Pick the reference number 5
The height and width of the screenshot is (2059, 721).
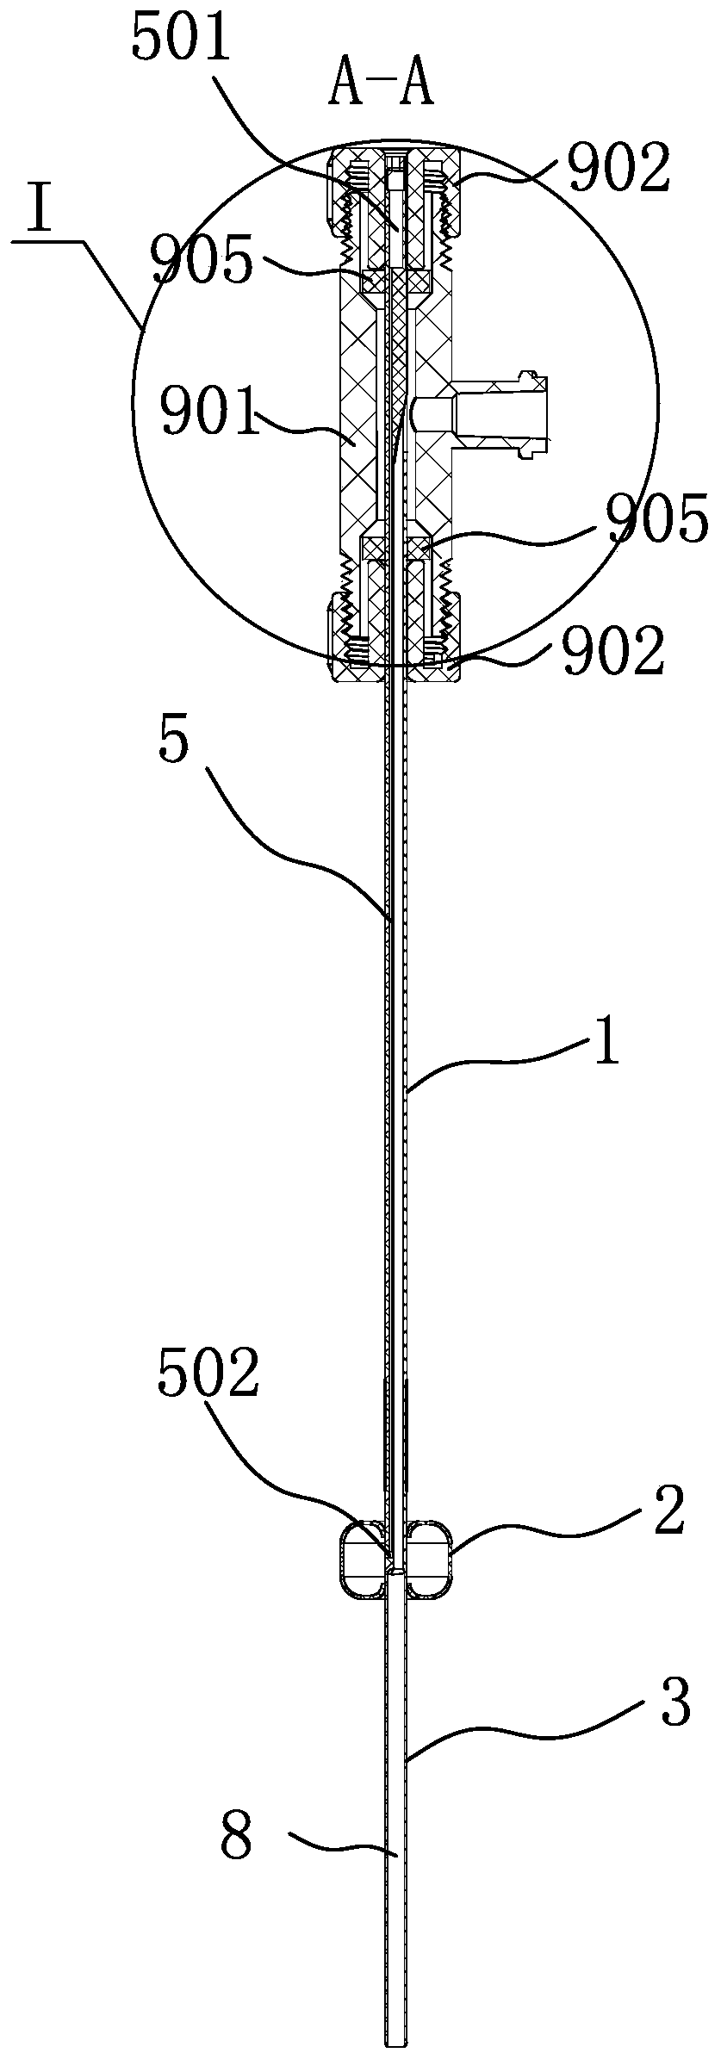click(x=172, y=743)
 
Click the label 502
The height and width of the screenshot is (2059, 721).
click(x=208, y=1374)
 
